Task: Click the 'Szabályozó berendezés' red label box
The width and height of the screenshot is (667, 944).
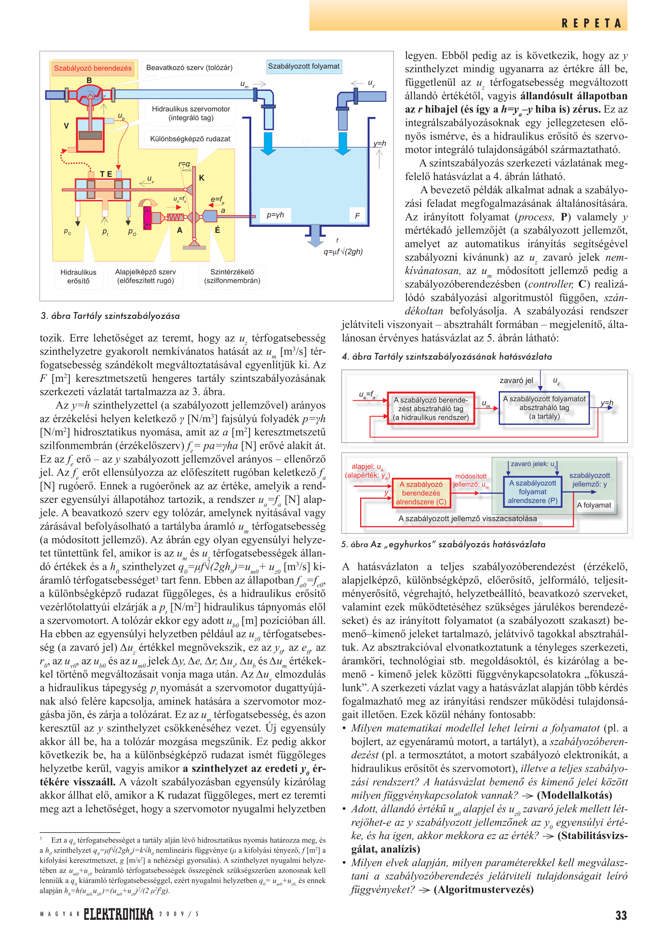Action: [93, 68]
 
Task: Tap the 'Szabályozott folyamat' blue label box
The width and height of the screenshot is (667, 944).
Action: [304, 67]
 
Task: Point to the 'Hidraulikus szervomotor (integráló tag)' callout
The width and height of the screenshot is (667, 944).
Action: [191, 113]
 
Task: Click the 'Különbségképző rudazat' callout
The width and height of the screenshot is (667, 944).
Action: [190, 138]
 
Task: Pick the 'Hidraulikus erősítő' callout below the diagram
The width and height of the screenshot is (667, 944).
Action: [78, 276]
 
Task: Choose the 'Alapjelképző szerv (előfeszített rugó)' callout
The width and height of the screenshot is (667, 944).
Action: [145, 276]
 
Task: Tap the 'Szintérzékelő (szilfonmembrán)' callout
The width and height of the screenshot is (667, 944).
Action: [232, 276]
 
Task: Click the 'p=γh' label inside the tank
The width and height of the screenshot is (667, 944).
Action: [275, 215]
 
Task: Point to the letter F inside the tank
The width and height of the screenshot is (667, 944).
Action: [357, 216]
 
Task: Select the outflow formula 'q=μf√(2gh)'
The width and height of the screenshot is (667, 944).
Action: [343, 251]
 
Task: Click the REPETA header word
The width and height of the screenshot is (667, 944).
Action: [591, 23]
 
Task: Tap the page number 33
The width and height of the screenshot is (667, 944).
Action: [621, 915]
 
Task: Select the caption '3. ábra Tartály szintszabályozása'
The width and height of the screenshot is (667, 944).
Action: [110, 316]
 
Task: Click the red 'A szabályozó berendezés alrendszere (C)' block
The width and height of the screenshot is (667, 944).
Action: [421, 493]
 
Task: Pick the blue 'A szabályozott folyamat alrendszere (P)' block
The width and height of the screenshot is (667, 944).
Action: [532, 492]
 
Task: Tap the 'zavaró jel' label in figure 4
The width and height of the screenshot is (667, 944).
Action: [516, 380]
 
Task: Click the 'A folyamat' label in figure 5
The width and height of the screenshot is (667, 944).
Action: [594, 505]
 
